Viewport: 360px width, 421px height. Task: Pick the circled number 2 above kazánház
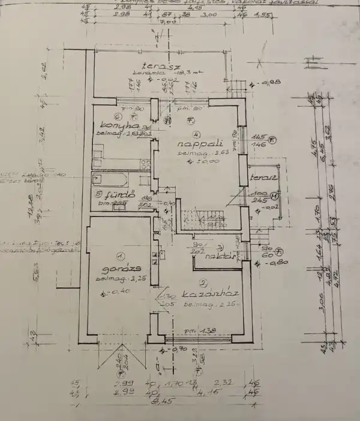point(203,282)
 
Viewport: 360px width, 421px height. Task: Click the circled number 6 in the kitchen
point(118,117)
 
